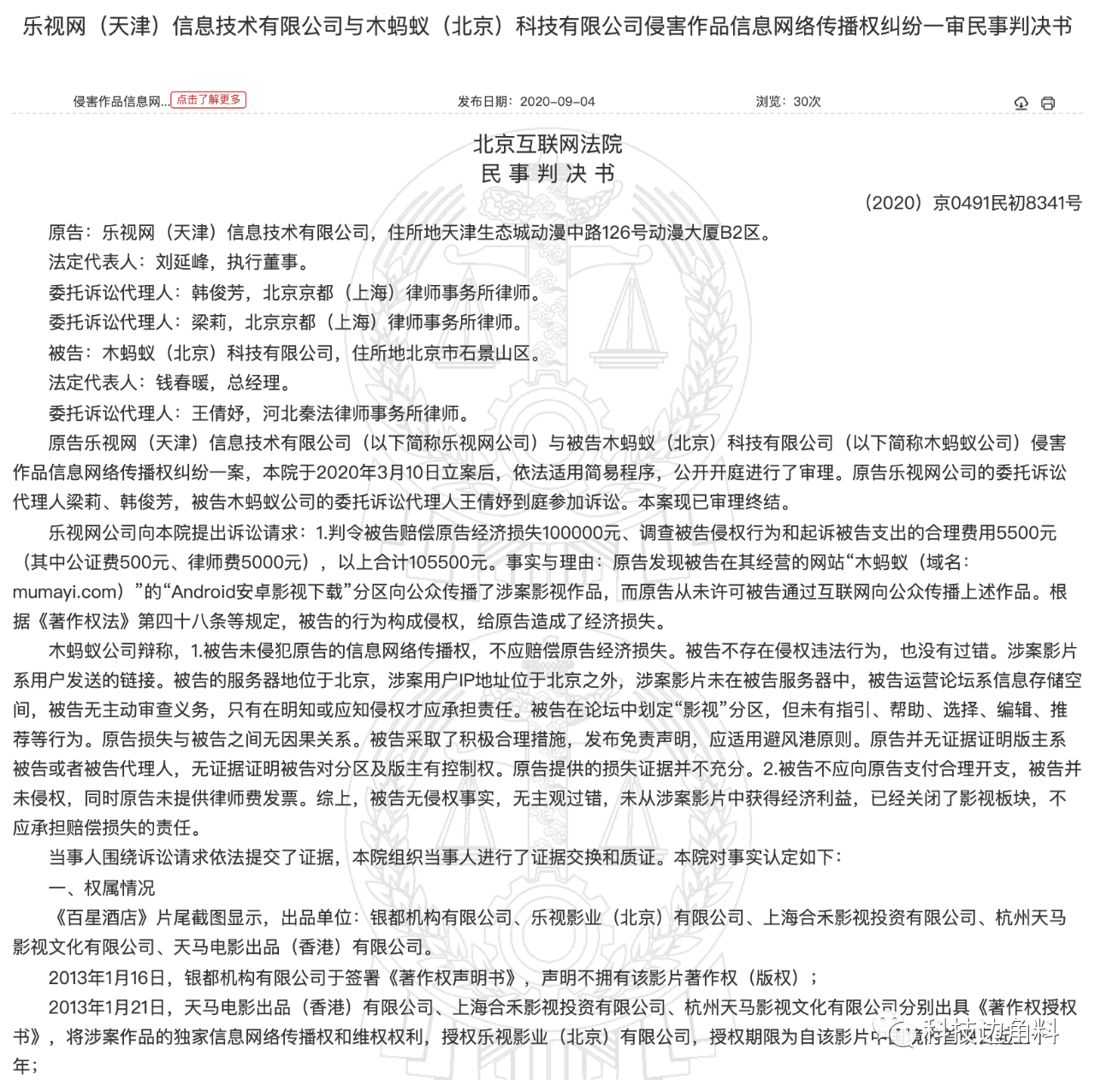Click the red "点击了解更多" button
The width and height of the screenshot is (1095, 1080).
click(209, 100)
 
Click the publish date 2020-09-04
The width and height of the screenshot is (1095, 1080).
click(557, 101)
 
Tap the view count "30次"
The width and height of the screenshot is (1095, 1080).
click(807, 101)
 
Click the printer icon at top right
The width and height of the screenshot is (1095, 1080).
click(1048, 103)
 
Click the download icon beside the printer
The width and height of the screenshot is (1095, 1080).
click(1021, 103)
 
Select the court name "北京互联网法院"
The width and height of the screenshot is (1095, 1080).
click(547, 144)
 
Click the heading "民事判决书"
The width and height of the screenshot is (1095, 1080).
click(547, 174)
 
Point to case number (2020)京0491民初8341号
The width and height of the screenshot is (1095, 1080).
click(973, 203)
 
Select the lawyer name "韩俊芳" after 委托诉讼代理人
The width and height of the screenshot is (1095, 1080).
click(217, 293)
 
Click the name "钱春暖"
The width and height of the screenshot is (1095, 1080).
click(181, 383)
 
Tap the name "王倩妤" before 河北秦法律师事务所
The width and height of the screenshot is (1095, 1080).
click(217, 413)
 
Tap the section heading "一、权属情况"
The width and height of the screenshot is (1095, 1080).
click(102, 887)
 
